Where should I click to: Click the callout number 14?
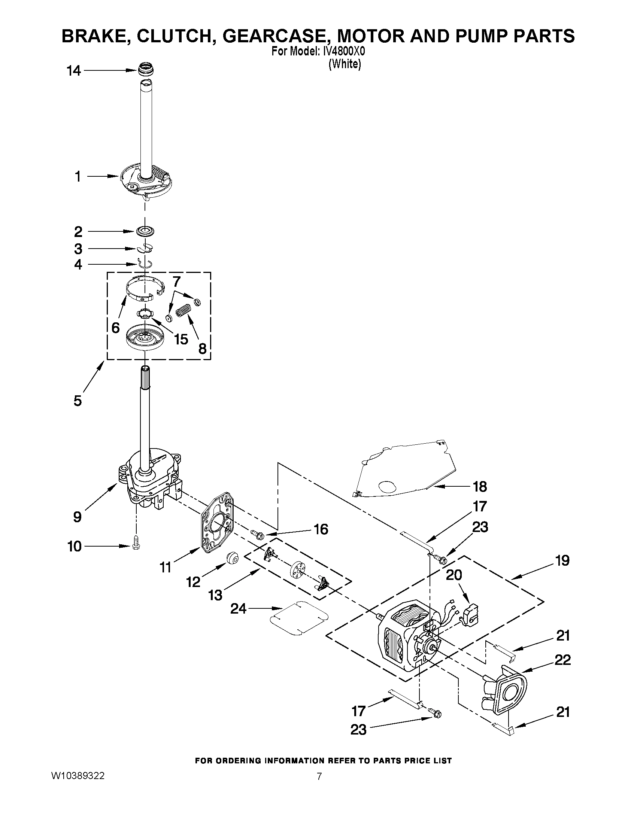(x=74, y=70)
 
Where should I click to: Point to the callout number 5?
(x=78, y=400)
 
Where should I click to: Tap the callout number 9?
(x=78, y=517)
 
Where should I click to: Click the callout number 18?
(x=480, y=487)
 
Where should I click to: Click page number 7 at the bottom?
(x=319, y=776)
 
